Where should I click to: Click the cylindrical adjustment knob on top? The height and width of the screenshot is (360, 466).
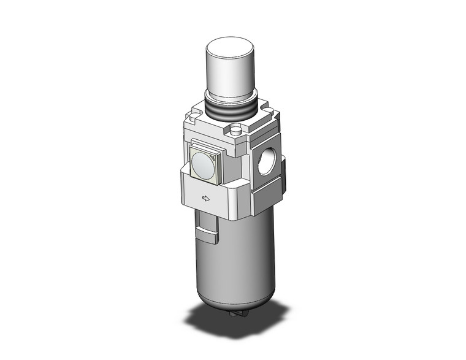pyautogui.click(x=230, y=71)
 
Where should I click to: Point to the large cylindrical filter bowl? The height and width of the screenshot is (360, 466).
pyautogui.click(x=233, y=258)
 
